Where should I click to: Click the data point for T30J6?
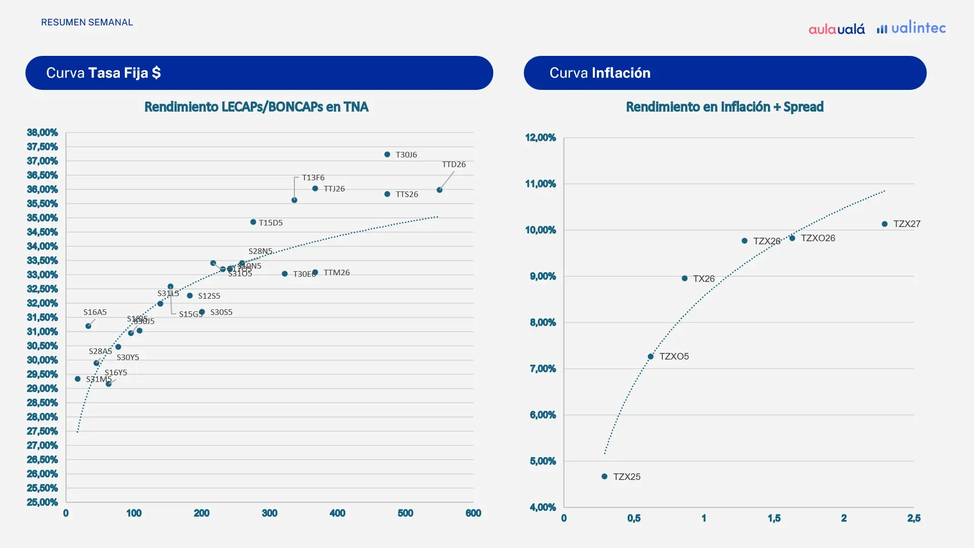[x=387, y=154]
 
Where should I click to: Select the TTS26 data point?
[x=387, y=194]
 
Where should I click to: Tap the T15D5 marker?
[x=253, y=222]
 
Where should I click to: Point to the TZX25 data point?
[x=604, y=476]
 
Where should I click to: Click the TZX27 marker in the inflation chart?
[x=885, y=224]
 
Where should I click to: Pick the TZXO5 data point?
[x=651, y=357]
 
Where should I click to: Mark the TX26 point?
[x=685, y=278]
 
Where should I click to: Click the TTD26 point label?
[x=454, y=165]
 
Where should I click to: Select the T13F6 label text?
[x=313, y=178]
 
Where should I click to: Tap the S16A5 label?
[x=95, y=312]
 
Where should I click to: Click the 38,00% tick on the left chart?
[x=43, y=133]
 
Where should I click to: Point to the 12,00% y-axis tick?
[x=541, y=138]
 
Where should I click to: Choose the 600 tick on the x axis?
[x=473, y=513]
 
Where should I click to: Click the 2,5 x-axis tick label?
[x=914, y=518]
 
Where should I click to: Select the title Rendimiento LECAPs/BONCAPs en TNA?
[x=256, y=107]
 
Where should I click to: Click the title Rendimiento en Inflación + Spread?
[x=724, y=107]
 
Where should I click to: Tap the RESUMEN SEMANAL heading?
[x=87, y=22]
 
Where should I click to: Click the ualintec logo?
[x=912, y=28]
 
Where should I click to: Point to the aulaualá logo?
[x=836, y=29]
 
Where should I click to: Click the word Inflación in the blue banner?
[x=621, y=73]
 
